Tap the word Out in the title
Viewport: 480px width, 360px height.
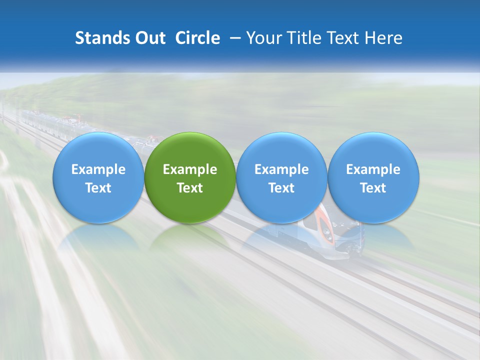click(x=149, y=38)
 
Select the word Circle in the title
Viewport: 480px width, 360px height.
click(x=197, y=38)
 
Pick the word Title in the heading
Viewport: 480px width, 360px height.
click(x=301, y=38)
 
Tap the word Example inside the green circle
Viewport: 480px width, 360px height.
click(x=190, y=169)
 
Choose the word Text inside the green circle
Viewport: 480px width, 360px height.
click(x=190, y=188)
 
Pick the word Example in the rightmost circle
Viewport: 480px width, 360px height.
click(x=373, y=169)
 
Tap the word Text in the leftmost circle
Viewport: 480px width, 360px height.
click(x=98, y=188)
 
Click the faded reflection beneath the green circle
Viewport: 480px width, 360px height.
click(x=190, y=237)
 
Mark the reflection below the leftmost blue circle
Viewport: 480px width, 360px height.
click(x=98, y=237)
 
